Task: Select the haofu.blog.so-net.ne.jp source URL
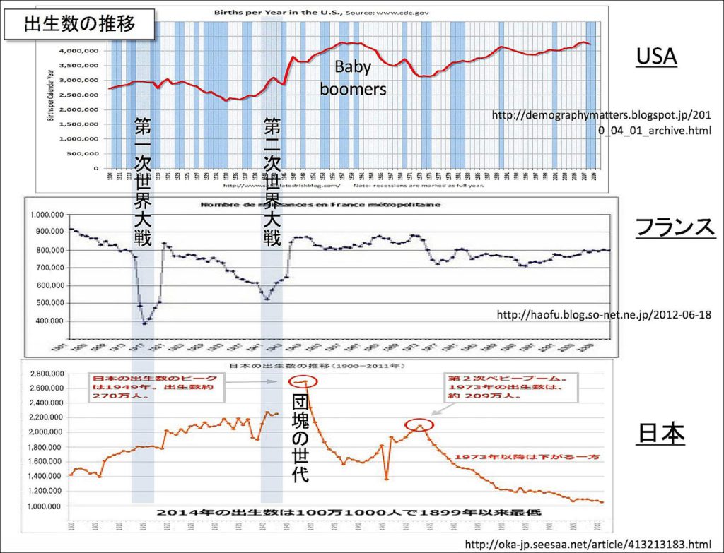pyautogui.click(x=604, y=314)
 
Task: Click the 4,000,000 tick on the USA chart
pyautogui.click(x=79, y=51)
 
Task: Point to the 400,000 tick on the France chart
pyautogui.click(x=47, y=321)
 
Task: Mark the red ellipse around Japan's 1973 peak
pyautogui.click(x=419, y=425)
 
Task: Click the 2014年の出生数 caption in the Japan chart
pyautogui.click(x=352, y=511)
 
